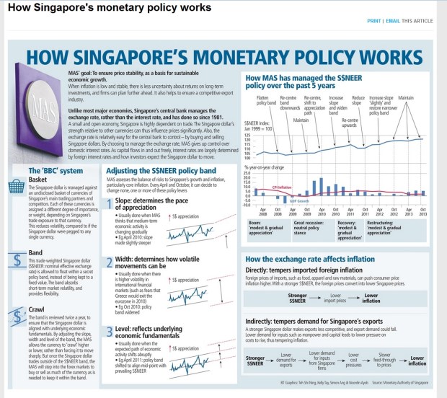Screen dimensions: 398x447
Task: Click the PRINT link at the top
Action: (x=374, y=21)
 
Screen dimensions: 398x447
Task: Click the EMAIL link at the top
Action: (x=393, y=21)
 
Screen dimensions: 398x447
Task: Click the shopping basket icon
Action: (x=19, y=187)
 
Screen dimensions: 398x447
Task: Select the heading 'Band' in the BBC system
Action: (x=36, y=234)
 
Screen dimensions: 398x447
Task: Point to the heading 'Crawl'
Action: (x=37, y=289)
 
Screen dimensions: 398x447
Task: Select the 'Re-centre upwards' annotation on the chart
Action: (x=349, y=123)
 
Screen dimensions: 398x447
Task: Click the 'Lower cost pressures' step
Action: (x=353, y=358)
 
